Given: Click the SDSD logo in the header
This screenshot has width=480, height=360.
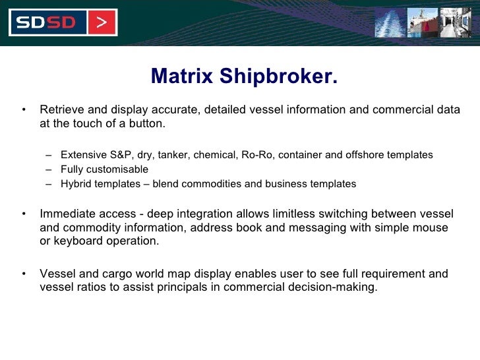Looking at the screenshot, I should pos(46,23).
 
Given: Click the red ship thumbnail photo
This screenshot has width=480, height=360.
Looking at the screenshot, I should pos(422,22).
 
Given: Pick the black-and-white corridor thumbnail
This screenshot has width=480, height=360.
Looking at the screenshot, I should pos(456,22).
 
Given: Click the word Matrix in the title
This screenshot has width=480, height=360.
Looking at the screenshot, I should pos(182,77).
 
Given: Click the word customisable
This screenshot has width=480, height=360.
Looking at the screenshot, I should pos(118,169).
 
